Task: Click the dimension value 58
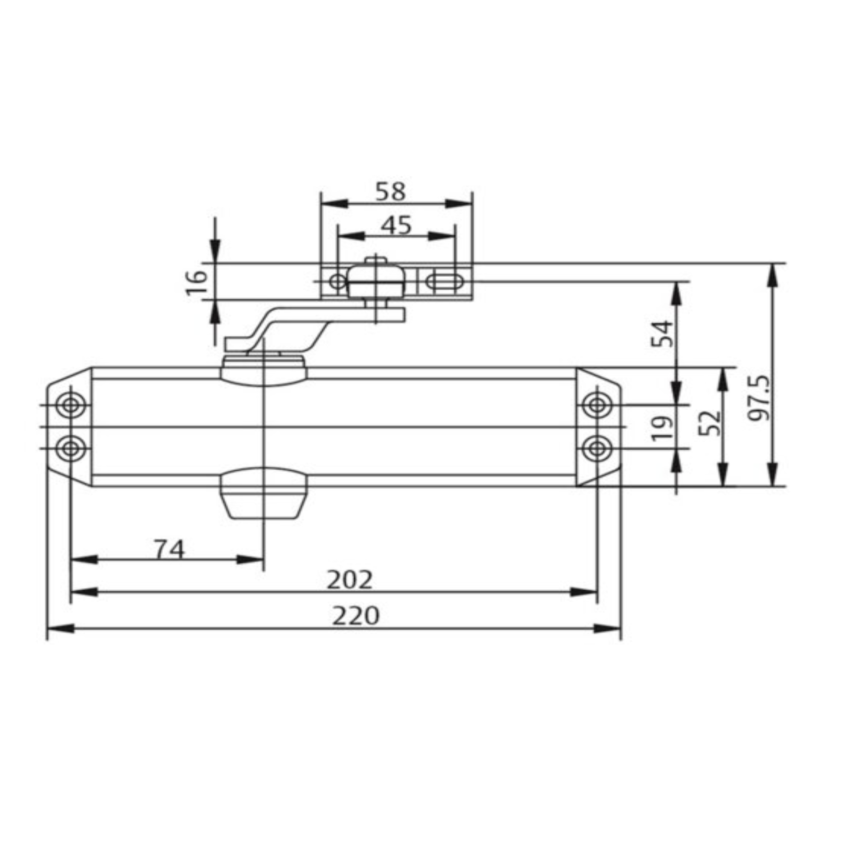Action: click(x=390, y=192)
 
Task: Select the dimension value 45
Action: click(x=396, y=225)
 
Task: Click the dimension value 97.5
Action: click(x=758, y=398)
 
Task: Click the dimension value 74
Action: click(x=169, y=549)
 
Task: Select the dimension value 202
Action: click(x=350, y=580)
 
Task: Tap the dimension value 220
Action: click(x=356, y=616)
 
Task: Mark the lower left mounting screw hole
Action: click(x=71, y=448)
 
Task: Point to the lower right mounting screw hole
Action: click(x=597, y=448)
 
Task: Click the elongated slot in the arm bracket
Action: click(x=444, y=282)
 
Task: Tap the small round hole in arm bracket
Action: click(x=338, y=282)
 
